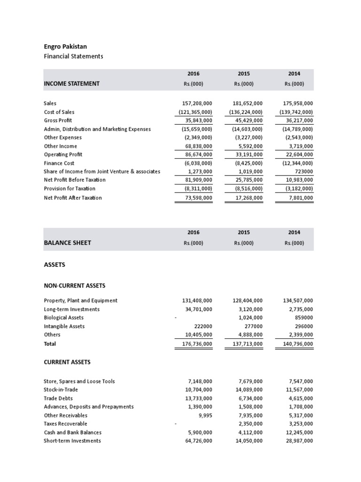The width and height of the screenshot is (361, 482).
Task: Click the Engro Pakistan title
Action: click(65, 47)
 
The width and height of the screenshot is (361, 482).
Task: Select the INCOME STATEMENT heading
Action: click(71, 84)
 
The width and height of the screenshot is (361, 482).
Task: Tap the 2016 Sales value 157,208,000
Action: click(197, 103)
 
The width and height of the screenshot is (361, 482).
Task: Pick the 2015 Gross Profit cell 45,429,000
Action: click(247, 120)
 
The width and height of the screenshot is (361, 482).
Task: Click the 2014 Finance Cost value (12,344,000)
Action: click(298, 163)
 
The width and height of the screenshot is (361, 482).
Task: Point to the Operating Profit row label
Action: click(63, 154)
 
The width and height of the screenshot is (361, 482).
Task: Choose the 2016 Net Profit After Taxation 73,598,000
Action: click(197, 198)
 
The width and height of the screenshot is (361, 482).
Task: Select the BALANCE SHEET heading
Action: click(67, 243)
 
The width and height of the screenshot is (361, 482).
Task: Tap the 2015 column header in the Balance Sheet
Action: click(243, 233)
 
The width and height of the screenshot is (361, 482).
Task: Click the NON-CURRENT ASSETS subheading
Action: click(75, 286)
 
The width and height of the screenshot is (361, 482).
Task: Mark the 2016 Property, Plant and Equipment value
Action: click(197, 300)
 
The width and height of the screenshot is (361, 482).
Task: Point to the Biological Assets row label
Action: click(63, 318)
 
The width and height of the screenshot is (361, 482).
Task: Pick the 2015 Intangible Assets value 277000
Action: click(253, 326)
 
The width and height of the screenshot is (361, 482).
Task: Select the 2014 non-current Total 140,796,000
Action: click(298, 344)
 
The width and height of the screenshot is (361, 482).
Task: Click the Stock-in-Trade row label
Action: click(61, 390)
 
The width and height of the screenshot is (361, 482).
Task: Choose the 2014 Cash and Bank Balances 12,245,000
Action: click(298, 432)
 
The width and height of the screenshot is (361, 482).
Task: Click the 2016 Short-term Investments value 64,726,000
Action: click(197, 441)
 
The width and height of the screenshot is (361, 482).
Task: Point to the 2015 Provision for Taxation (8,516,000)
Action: click(247, 188)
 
